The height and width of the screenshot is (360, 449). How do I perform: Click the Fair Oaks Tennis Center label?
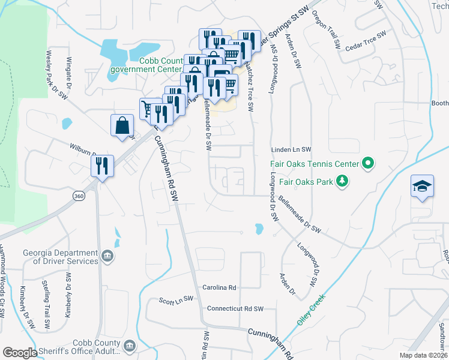tap(314, 163)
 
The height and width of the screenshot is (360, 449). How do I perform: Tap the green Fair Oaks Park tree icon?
tap(342, 181)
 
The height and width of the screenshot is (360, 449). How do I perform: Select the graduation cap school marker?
tap(422, 187)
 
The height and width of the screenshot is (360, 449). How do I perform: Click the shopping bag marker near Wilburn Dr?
tap(122, 126)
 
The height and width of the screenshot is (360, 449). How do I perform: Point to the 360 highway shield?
tap(79, 196)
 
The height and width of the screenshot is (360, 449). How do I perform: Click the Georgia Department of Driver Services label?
tap(60, 257)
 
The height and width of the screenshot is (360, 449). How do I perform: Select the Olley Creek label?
tap(310, 309)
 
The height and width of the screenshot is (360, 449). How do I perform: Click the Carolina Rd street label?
tap(219, 287)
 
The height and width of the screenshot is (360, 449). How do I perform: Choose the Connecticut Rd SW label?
tap(235, 308)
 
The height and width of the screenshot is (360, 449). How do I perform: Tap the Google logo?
tap(20, 352)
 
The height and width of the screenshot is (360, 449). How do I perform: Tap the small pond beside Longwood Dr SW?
tap(259, 229)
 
